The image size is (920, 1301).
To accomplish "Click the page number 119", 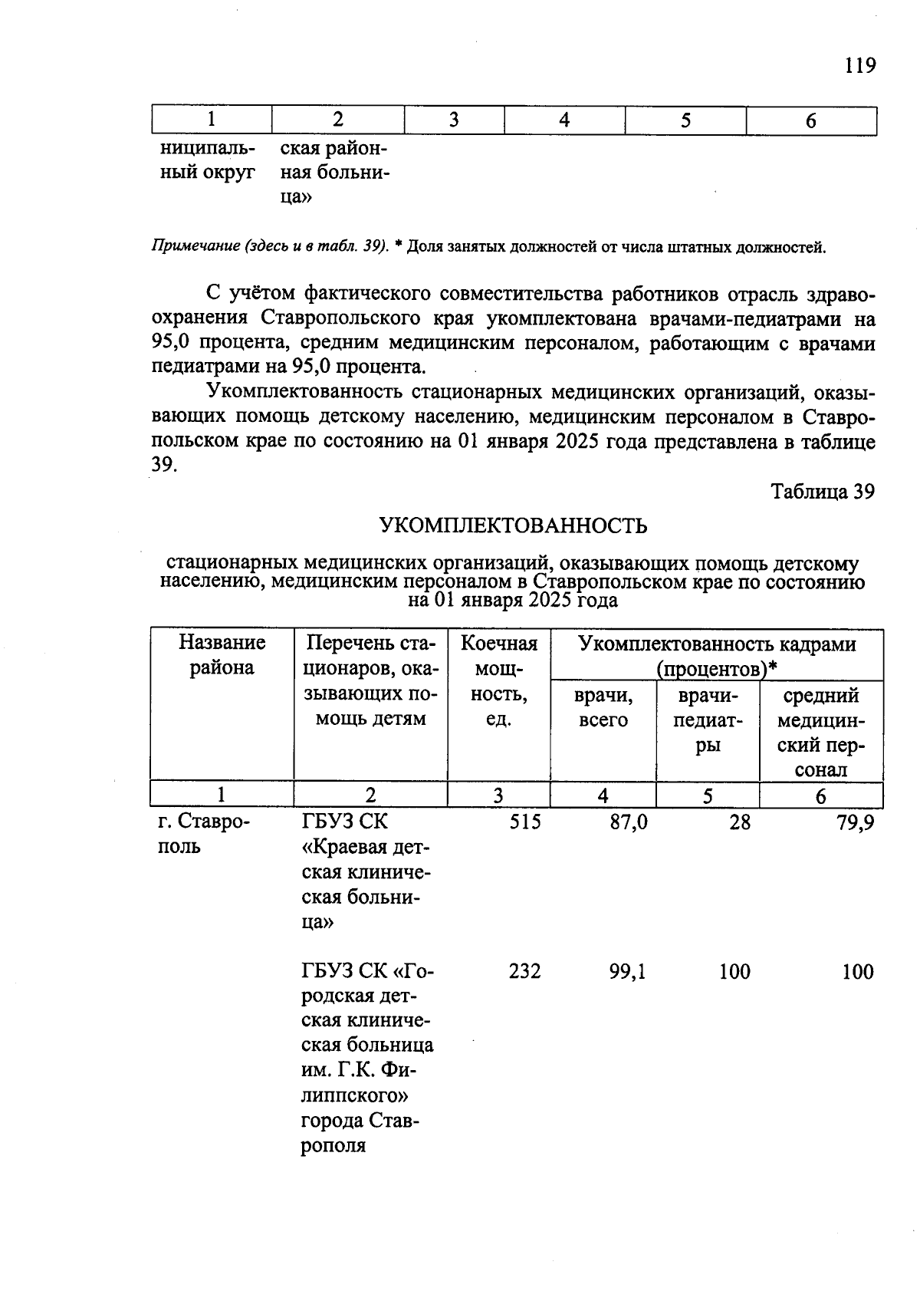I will click(x=859, y=66).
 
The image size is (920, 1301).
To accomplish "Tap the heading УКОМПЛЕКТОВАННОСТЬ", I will click(x=513, y=525).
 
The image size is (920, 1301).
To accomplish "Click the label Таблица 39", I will click(x=822, y=492).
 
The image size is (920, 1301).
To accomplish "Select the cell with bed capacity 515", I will click(x=524, y=822).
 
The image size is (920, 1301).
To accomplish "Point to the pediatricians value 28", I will click(x=739, y=822).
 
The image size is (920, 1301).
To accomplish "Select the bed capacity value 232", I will click(x=524, y=971).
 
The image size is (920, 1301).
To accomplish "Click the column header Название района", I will click(x=222, y=654).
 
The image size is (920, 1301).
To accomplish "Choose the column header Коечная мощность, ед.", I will click(x=498, y=680).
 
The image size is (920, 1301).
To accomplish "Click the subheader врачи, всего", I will click(x=603, y=707).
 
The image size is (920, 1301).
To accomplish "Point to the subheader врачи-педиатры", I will click(x=708, y=720).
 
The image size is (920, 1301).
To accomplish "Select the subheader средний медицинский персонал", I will click(x=820, y=732).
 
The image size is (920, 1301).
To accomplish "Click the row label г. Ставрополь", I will click(x=204, y=834).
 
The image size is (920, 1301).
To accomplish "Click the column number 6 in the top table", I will click(x=810, y=121).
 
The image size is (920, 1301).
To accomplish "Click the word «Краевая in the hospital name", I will click(x=353, y=847).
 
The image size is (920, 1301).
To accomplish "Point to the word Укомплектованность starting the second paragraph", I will click(x=304, y=393).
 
